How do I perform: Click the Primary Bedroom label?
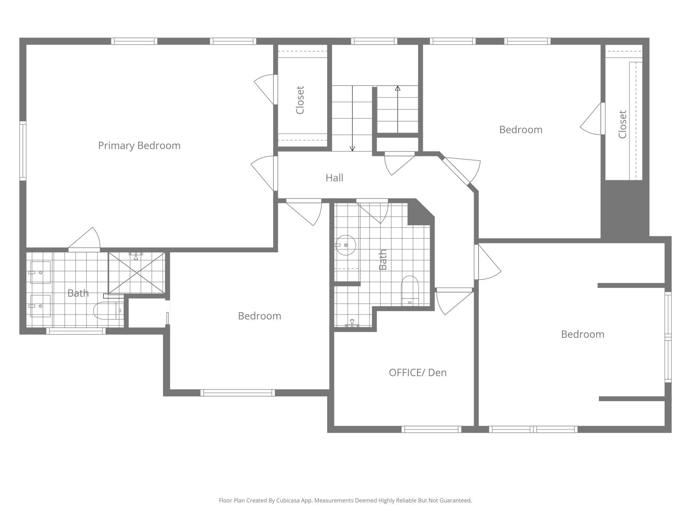pos(139,145)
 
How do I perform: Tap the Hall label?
pos(334,178)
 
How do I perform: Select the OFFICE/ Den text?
pos(418,373)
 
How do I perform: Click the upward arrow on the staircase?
pos(398,88)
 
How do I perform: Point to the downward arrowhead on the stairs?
pos(352,148)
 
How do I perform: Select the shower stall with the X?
pos(137,273)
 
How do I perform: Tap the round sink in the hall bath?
pos(346,245)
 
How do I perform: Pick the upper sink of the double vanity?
pos(41,272)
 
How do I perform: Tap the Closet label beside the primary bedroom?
pos(300,100)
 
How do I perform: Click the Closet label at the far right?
pos(623,125)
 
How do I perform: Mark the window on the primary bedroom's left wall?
pos(23,151)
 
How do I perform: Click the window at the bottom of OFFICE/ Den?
pos(431,429)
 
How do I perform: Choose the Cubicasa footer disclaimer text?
pos(345,500)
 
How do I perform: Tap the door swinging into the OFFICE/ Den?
pos(453,301)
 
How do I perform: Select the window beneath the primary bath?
pos(76,331)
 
